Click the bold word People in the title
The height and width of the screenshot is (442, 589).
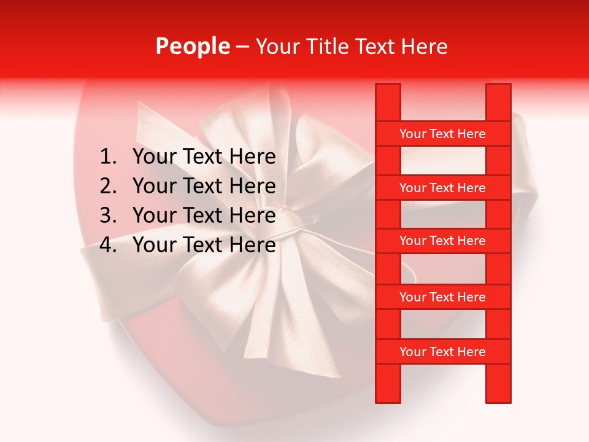pos(192,47)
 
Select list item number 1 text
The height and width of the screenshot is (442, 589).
pos(204,157)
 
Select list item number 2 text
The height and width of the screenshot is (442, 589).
pos(204,186)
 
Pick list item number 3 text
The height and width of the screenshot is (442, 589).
pos(204,215)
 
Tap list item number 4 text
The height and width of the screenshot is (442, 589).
pos(204,245)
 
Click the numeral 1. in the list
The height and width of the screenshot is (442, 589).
pos(108,157)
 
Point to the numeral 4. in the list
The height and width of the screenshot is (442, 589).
pos(108,245)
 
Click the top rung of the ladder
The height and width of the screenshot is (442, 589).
pos(442,134)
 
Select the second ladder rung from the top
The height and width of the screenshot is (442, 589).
pos(442,188)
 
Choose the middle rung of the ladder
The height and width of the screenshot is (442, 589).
pos(442,241)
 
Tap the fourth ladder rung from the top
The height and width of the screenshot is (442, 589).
pos(442,297)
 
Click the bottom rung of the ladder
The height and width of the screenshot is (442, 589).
pos(442,352)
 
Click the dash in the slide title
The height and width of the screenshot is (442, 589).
pos(242,47)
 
